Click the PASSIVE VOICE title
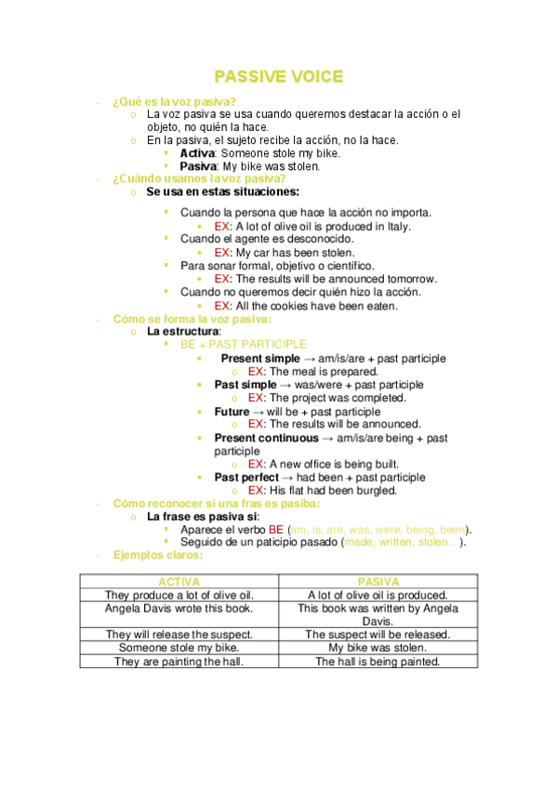pos(278,76)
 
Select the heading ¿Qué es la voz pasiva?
pos(174,101)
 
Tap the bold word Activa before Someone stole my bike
pos(197,153)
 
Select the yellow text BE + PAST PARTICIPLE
pos(243,345)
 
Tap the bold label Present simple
pos(260,359)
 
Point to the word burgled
pos(374,490)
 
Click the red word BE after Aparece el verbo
pos(276,529)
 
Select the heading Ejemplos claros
pos(157,555)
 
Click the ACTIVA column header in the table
pos(179,581)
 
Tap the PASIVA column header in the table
pos(378,581)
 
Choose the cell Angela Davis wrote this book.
pos(179,609)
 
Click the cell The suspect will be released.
pos(378,635)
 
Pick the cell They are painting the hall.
pos(179,662)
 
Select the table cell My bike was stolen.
pos(378,648)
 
